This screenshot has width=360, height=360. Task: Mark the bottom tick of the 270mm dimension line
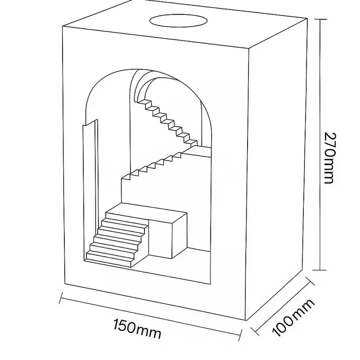319,270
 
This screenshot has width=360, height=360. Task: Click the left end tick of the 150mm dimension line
61,297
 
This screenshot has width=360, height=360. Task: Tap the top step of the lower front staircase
126,211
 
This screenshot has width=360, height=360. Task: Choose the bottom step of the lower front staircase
110,258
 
